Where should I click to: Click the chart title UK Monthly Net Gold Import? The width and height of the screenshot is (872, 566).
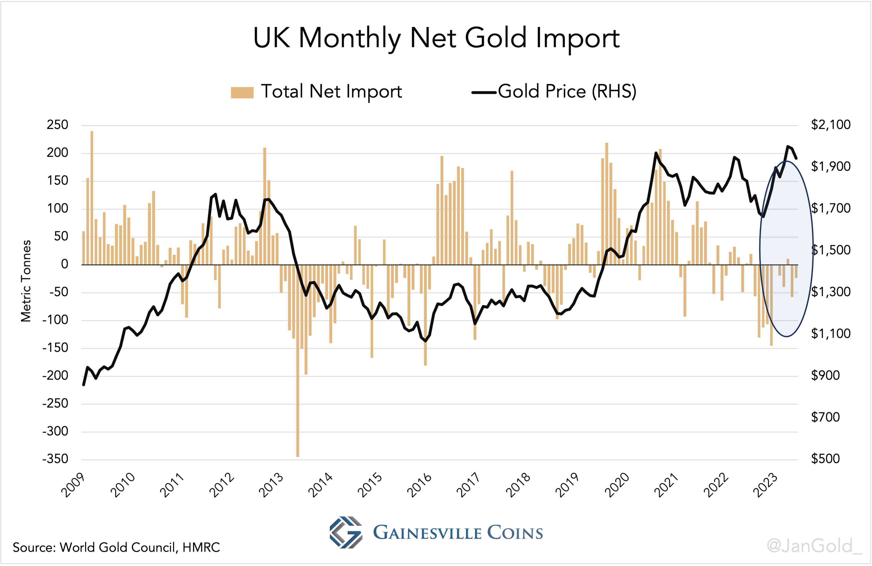pyautogui.click(x=436, y=38)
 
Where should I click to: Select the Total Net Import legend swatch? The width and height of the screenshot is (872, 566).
pyautogui.click(x=242, y=92)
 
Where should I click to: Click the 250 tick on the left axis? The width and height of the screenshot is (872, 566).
pyautogui.click(x=57, y=125)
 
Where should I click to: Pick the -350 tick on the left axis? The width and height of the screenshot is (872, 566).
pyautogui.click(x=55, y=459)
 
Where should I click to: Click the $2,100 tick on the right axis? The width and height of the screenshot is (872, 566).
pyautogui.click(x=830, y=125)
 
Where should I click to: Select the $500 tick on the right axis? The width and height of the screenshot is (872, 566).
pyautogui.click(x=825, y=459)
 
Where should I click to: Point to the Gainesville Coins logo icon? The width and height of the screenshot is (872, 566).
pyautogui.click(x=345, y=532)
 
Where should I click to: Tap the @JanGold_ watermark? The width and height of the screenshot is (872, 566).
pyautogui.click(x=814, y=546)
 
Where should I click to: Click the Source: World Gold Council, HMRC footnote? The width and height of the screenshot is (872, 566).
pyautogui.click(x=116, y=547)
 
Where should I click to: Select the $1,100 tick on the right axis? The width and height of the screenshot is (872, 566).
pyautogui.click(x=830, y=334)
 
